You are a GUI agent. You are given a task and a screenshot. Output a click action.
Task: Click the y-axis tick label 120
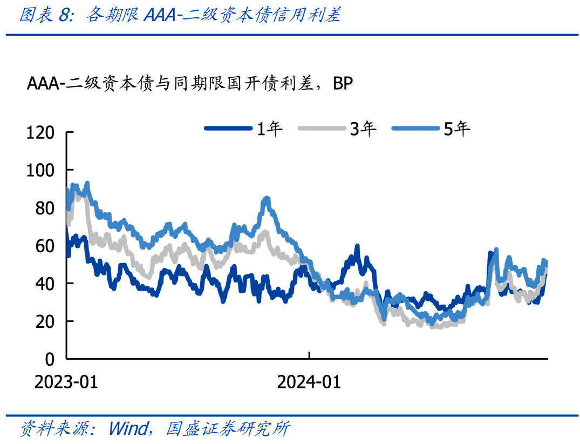point(40,132)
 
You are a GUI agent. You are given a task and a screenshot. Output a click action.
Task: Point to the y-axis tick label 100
point(40,170)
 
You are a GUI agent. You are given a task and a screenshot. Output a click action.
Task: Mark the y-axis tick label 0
point(50,359)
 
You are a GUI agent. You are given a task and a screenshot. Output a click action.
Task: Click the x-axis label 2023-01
point(66,382)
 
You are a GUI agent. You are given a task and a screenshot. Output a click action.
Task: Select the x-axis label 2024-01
point(309,382)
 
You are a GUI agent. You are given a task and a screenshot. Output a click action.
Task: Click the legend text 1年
point(269,129)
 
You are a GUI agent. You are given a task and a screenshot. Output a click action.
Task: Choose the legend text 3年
point(363,129)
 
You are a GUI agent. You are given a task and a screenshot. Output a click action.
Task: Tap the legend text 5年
point(457,129)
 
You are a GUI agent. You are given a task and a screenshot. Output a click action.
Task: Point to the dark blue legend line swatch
point(228,129)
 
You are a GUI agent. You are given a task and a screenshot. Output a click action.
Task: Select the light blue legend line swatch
point(416,129)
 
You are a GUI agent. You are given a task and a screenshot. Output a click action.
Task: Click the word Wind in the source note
point(127,428)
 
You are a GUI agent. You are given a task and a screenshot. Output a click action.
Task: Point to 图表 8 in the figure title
point(46,15)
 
